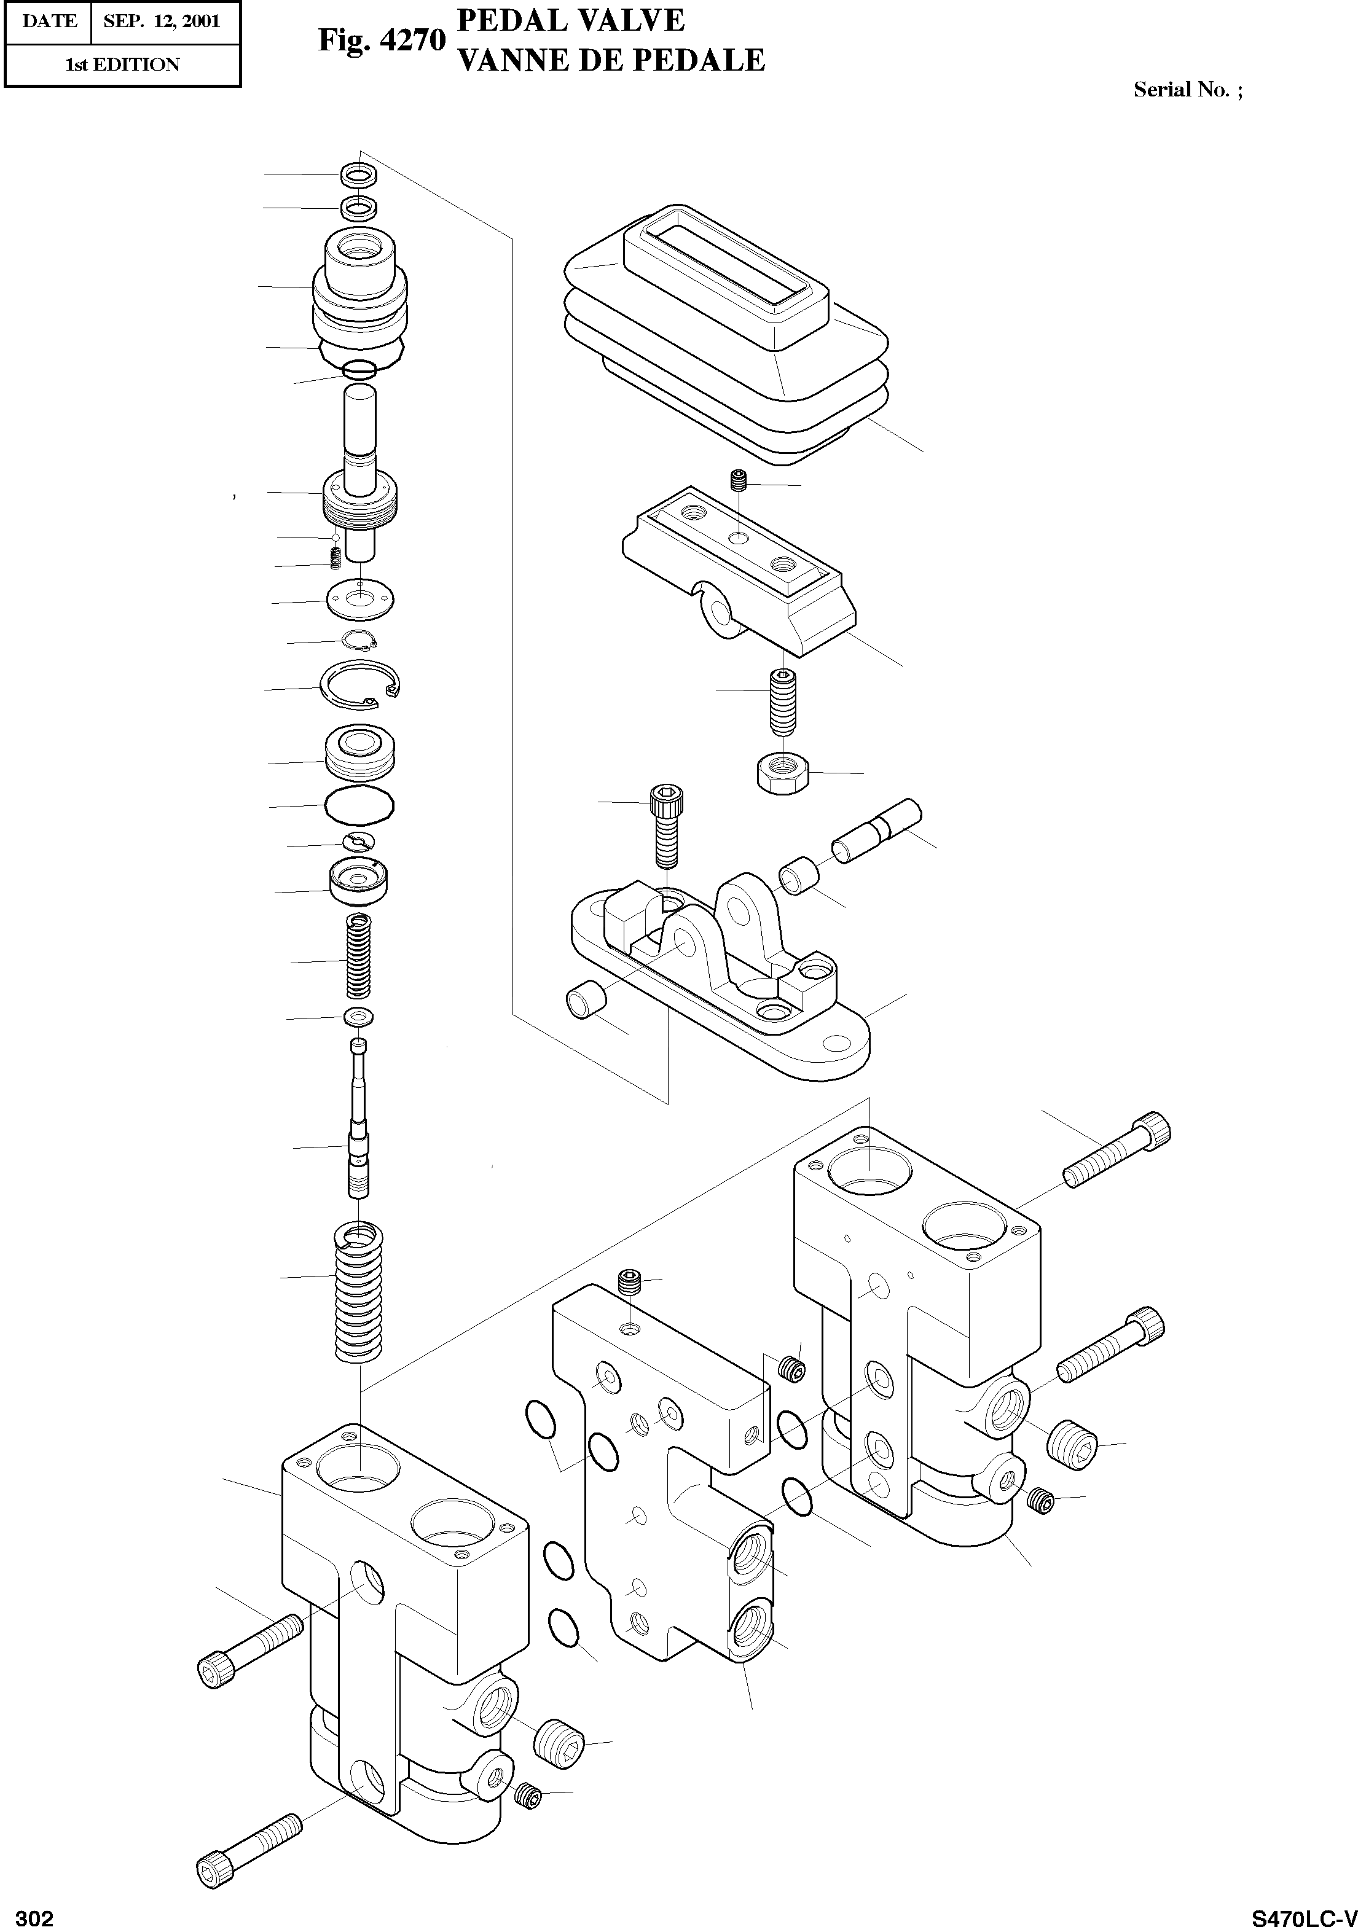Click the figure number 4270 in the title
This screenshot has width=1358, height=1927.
pos(412,39)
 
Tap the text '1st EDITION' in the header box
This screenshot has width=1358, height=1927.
pos(122,64)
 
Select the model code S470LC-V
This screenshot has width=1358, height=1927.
pos(1303,1915)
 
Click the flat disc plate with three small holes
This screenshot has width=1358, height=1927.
pos(361,600)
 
